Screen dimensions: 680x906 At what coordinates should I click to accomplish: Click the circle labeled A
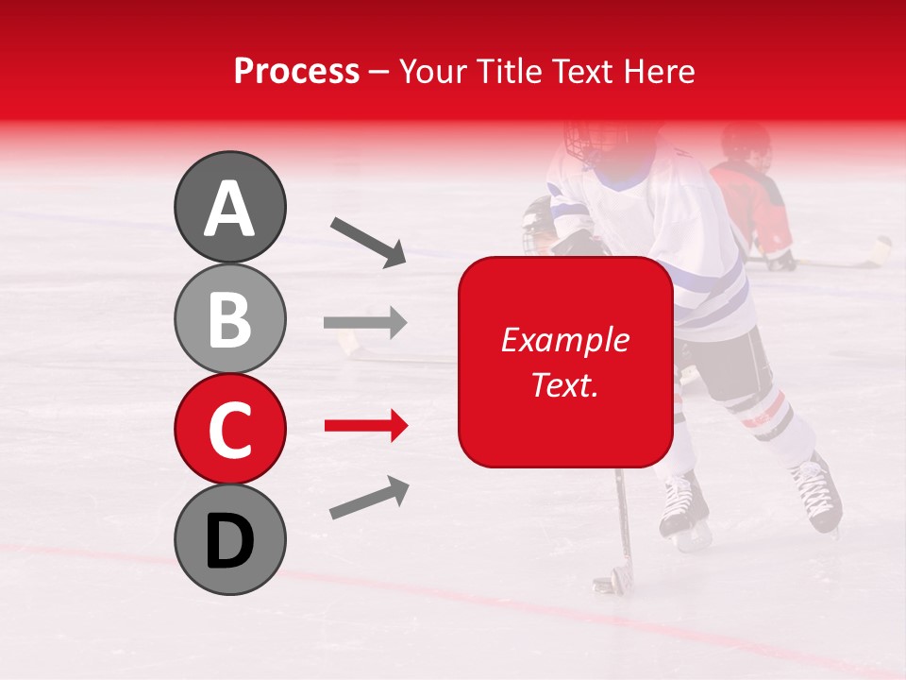click(229, 207)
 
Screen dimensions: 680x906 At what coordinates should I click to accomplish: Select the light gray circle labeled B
click(229, 318)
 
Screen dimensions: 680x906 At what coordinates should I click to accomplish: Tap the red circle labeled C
click(229, 429)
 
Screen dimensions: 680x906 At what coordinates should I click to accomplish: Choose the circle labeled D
click(229, 539)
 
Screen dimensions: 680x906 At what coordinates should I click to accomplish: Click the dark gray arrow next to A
click(368, 242)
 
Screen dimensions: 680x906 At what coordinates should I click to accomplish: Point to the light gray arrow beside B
click(365, 323)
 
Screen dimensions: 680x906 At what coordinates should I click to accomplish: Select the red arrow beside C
click(365, 427)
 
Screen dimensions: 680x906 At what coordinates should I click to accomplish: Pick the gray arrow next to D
click(369, 498)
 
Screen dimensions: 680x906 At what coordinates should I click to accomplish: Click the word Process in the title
click(296, 71)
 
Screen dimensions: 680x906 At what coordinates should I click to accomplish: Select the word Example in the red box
click(564, 340)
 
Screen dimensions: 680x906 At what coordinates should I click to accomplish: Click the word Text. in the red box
click(564, 384)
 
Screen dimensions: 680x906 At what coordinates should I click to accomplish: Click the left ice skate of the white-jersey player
click(682, 511)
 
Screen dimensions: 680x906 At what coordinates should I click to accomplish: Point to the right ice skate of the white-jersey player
click(815, 492)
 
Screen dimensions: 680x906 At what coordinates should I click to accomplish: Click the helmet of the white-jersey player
click(596, 142)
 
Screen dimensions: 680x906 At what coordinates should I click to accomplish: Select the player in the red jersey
click(751, 198)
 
